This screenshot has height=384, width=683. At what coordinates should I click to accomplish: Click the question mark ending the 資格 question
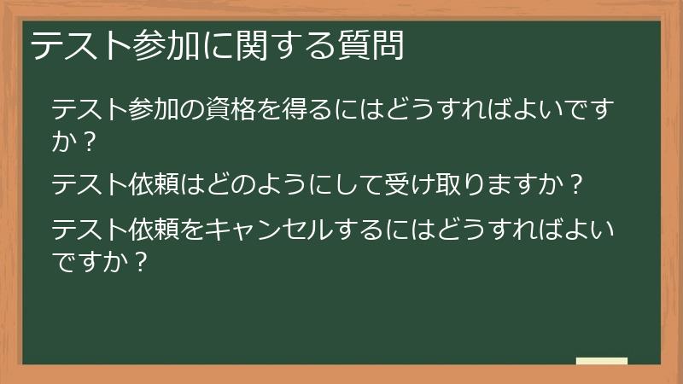tap(86, 142)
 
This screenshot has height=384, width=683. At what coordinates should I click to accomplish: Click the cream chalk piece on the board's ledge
tap(602, 362)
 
